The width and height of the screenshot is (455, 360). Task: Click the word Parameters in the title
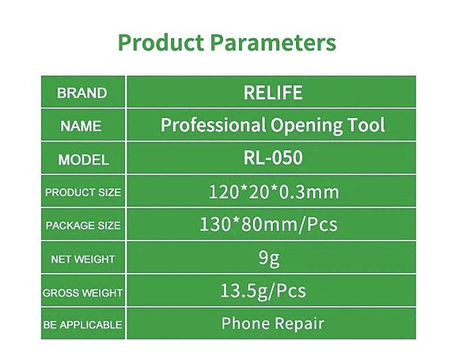[x=273, y=42]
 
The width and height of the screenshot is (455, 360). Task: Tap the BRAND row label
[x=82, y=93]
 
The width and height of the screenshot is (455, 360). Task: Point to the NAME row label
[x=82, y=126]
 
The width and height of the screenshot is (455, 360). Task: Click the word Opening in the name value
[x=309, y=125]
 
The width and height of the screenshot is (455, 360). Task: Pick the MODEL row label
[x=82, y=159]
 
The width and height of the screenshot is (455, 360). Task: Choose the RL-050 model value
[x=272, y=158]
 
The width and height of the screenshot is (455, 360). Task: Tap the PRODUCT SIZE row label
[x=82, y=192]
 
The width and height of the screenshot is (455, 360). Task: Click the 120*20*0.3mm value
[x=272, y=191]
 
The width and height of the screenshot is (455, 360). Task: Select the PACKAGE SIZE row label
[x=82, y=225]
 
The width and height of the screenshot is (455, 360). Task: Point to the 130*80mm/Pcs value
[x=272, y=224]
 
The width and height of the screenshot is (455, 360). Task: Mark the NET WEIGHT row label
[x=82, y=259]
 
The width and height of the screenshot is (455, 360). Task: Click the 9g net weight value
[x=272, y=258]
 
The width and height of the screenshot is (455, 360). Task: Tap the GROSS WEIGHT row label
[x=82, y=293]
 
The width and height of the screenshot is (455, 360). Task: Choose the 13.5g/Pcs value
[x=272, y=290]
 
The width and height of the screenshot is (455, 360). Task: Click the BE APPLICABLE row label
[x=82, y=324]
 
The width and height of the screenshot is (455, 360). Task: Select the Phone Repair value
[x=272, y=323]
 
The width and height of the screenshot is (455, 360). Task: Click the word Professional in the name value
[x=213, y=125]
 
